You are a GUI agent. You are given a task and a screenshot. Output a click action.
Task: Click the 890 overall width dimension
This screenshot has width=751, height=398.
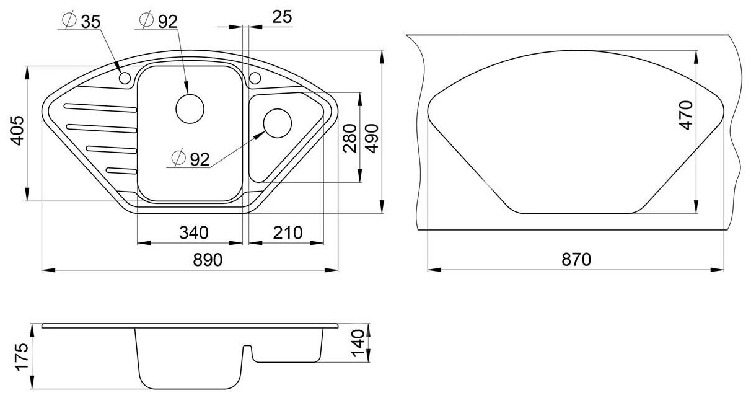click(x=208, y=260)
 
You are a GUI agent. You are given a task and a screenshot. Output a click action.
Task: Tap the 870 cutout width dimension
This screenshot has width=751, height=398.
click(x=576, y=260)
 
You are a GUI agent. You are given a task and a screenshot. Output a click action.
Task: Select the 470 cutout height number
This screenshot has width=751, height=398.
click(x=685, y=115)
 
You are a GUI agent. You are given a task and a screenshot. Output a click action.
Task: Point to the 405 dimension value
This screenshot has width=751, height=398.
click(x=17, y=130)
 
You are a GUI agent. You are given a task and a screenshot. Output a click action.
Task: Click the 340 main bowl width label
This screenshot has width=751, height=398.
click(x=193, y=232)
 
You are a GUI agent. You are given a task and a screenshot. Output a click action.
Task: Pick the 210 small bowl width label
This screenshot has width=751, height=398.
click(x=288, y=232)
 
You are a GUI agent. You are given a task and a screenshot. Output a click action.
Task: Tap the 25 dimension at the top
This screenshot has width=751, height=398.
click(x=282, y=17)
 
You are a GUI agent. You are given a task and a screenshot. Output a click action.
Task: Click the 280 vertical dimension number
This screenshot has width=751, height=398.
click(x=349, y=138)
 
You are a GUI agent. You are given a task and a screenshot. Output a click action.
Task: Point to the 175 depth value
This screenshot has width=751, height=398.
click(x=22, y=356)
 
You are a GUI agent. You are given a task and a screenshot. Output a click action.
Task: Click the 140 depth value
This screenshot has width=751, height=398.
click(x=358, y=343)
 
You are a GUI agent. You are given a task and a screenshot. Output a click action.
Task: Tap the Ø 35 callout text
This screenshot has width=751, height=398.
click(x=81, y=22)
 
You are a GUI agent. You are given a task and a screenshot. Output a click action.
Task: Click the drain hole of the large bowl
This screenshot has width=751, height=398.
click(x=190, y=108)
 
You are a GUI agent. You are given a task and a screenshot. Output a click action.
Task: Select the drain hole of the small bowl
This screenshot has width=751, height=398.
click(x=278, y=123)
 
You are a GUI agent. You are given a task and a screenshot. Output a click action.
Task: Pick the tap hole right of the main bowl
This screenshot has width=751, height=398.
click(x=255, y=78)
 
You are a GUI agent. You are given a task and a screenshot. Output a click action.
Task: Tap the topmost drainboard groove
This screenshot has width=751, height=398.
click(x=100, y=107)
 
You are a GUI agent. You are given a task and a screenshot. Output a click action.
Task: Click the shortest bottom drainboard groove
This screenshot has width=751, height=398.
click(x=121, y=170)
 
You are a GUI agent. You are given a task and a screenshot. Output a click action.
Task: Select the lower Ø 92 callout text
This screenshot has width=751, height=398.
click(x=190, y=159)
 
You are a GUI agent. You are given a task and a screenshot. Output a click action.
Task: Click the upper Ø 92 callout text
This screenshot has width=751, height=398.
click(x=159, y=21)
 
